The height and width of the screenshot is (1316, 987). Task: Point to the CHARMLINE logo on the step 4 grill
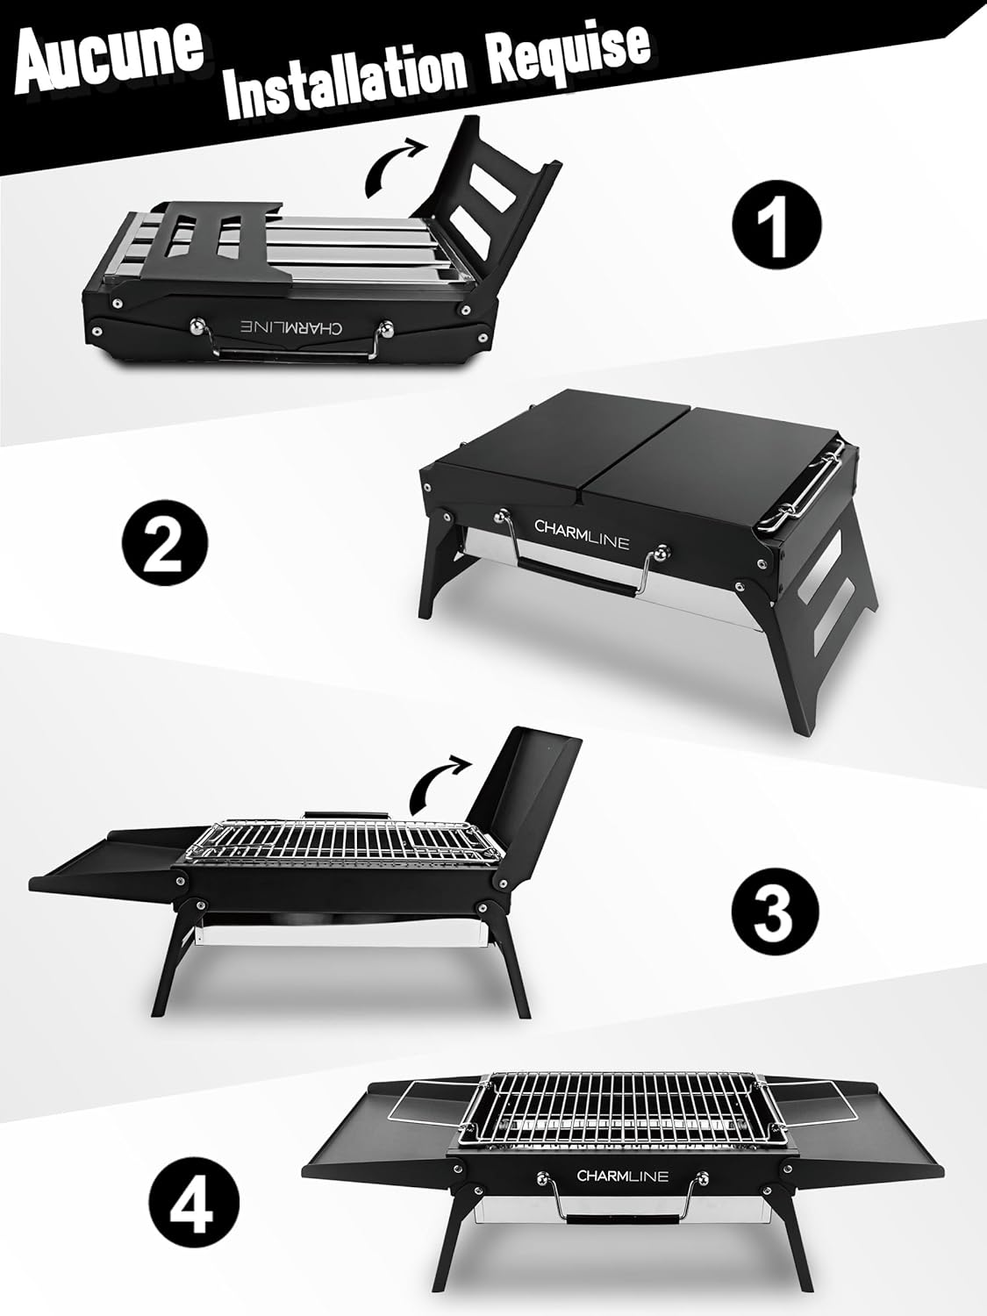[622, 1176]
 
